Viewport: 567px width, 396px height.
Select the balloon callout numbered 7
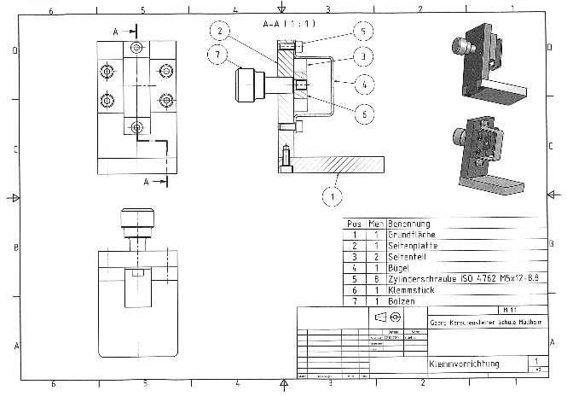tap(218, 56)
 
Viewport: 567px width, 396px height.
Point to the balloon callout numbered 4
tap(362, 84)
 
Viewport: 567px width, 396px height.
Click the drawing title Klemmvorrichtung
tap(464, 364)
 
